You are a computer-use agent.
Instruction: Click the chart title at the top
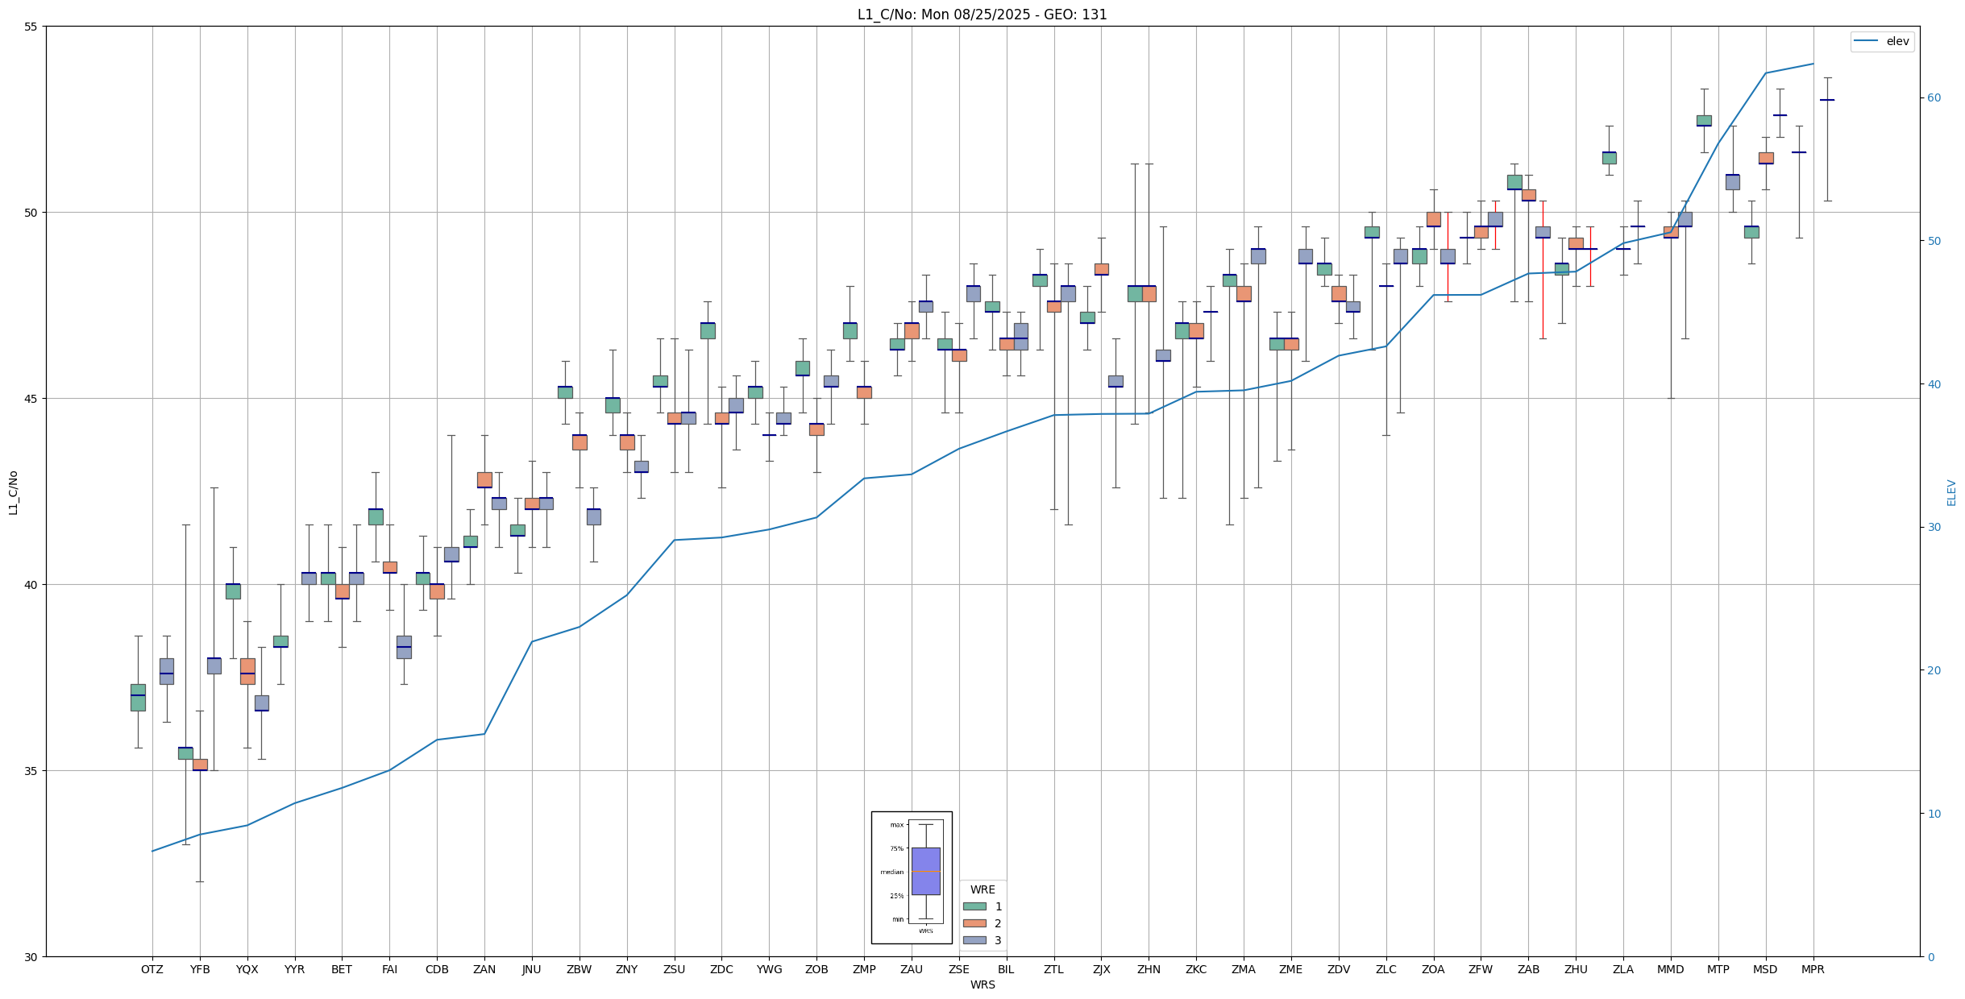click(x=982, y=15)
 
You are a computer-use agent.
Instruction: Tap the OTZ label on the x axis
click(x=152, y=969)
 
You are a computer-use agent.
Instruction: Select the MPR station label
click(x=1813, y=969)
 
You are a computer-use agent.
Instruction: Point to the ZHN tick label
click(x=1149, y=969)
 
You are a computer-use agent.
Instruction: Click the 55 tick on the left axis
click(x=31, y=27)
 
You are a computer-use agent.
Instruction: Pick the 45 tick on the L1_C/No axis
click(x=31, y=399)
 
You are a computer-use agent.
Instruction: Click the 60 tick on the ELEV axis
click(x=1934, y=98)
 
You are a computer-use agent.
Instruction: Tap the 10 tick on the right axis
click(x=1934, y=814)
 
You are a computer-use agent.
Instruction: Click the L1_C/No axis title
click(x=13, y=492)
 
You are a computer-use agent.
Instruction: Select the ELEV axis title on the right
click(x=1951, y=492)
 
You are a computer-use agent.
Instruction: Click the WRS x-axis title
click(x=982, y=984)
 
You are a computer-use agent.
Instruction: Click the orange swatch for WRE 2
click(x=974, y=923)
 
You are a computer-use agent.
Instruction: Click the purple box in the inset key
click(x=925, y=871)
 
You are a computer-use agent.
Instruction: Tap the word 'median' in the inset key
click(x=891, y=872)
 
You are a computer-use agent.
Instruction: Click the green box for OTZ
click(x=138, y=698)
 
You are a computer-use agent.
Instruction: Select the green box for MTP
click(x=1704, y=121)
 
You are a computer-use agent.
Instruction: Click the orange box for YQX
click(x=247, y=671)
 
